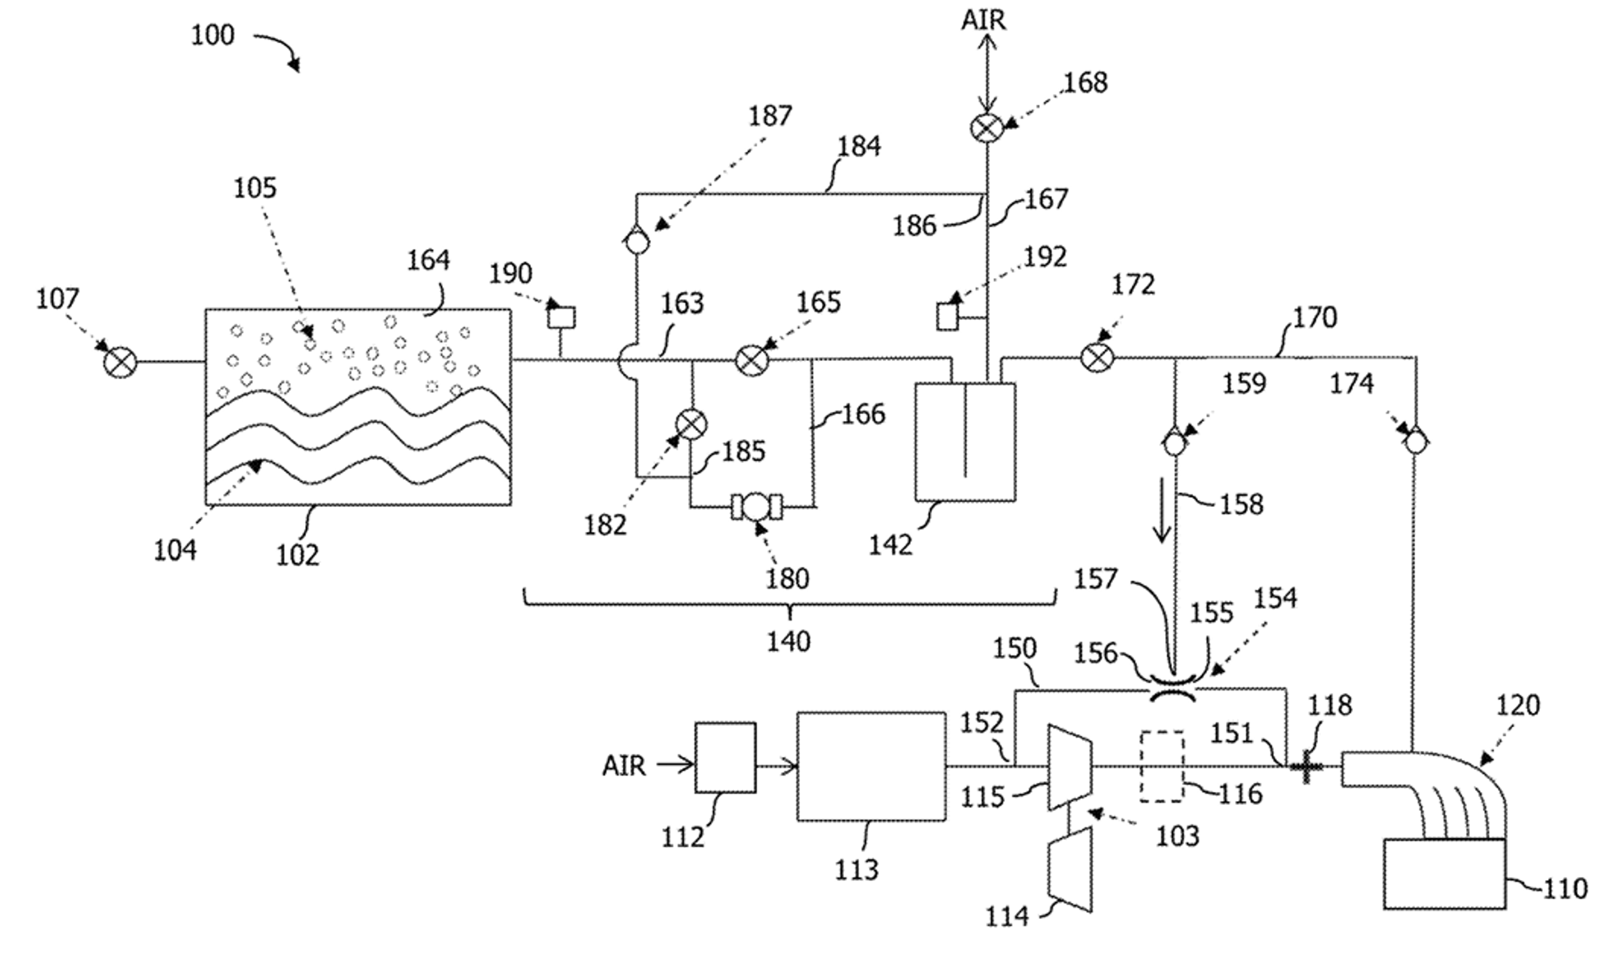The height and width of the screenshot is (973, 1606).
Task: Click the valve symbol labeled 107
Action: click(x=120, y=361)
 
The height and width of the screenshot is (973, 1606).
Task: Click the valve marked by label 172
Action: click(x=1097, y=357)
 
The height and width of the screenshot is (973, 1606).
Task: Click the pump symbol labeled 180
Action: click(x=756, y=507)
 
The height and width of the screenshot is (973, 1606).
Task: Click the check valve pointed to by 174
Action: click(x=1414, y=443)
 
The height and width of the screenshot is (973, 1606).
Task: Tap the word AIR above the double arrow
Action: click(x=984, y=20)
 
